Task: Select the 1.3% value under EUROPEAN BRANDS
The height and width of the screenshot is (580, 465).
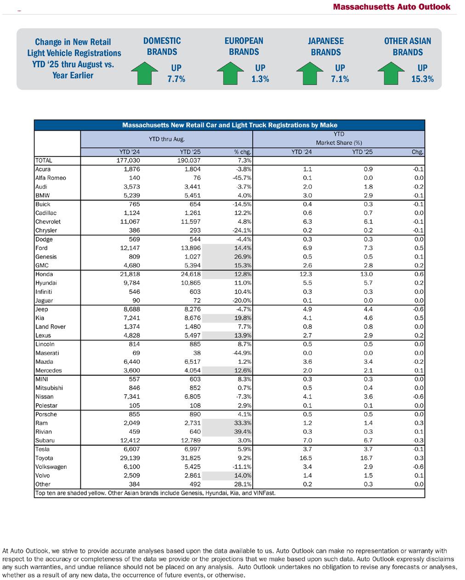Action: (x=260, y=79)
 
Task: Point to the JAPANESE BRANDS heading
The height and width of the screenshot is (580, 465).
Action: (x=326, y=46)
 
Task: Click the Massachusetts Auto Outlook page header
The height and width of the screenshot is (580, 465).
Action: (x=392, y=7)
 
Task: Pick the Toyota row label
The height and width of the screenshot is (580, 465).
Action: (x=44, y=458)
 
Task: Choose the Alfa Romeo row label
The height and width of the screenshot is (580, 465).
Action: (x=51, y=178)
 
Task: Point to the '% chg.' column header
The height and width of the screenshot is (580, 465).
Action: (x=243, y=152)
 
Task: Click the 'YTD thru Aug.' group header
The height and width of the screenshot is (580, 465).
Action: (x=166, y=139)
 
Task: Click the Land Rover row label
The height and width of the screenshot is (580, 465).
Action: (x=51, y=327)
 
